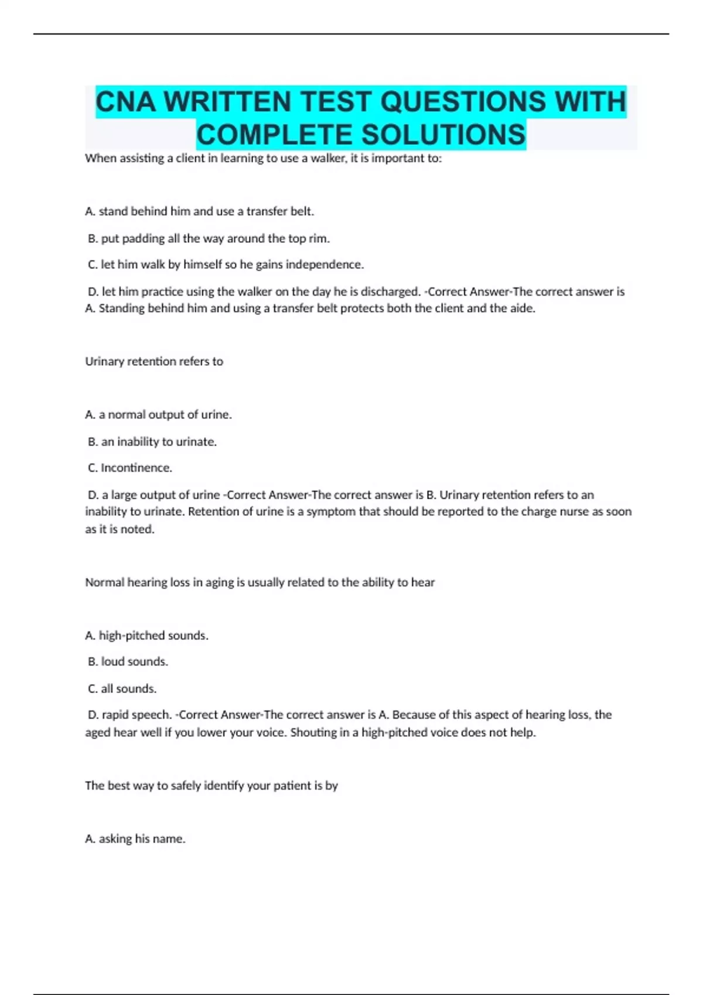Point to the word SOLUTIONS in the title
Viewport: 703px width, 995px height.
(x=443, y=135)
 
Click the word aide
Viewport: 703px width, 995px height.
(x=523, y=308)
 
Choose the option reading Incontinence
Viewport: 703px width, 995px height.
(x=136, y=468)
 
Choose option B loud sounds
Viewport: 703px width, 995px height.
(x=134, y=662)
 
